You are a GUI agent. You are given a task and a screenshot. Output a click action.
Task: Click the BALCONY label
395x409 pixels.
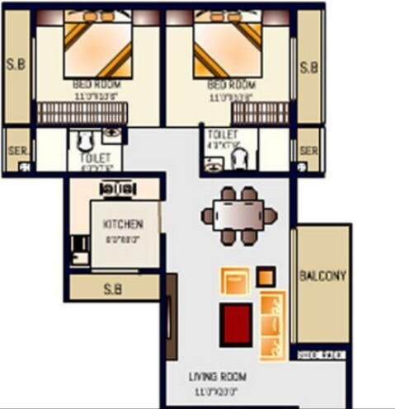click(x=323, y=275)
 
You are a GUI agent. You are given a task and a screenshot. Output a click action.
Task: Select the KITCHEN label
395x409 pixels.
click(x=123, y=224)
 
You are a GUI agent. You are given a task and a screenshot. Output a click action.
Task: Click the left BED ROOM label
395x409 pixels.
click(x=97, y=84)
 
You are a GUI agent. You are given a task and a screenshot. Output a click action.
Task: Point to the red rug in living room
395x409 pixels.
click(x=235, y=323)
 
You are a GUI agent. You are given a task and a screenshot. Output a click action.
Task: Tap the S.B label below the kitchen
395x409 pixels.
click(x=114, y=289)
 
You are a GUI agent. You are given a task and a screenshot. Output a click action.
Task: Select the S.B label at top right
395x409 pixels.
click(x=308, y=67)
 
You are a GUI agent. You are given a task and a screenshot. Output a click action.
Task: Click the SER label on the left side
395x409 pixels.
click(x=15, y=152)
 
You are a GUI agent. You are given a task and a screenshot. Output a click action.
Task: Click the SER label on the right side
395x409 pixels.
click(x=308, y=152)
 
